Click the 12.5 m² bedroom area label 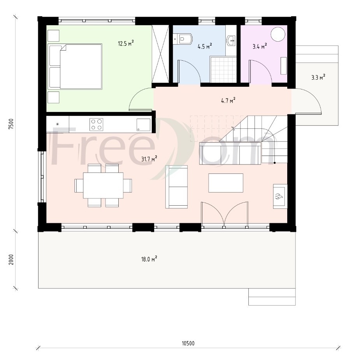[x=126, y=43]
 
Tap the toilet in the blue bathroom [x=183, y=39]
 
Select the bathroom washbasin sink [x=231, y=41]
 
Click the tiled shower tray [x=223, y=69]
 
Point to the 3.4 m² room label [x=260, y=46]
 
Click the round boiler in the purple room [x=278, y=34]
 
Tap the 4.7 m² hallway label [x=228, y=101]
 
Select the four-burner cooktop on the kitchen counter [x=97, y=124]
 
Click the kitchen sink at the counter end [x=143, y=125]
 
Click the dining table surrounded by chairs [x=103, y=185]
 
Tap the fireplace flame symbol [x=279, y=196]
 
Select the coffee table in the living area [x=226, y=183]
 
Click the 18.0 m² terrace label [x=149, y=259]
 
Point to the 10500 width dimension [x=188, y=343]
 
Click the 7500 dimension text [x=11, y=124]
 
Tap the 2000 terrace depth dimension [x=11, y=259]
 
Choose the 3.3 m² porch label [x=318, y=77]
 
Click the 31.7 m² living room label [x=149, y=159]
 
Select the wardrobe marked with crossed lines [x=160, y=54]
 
